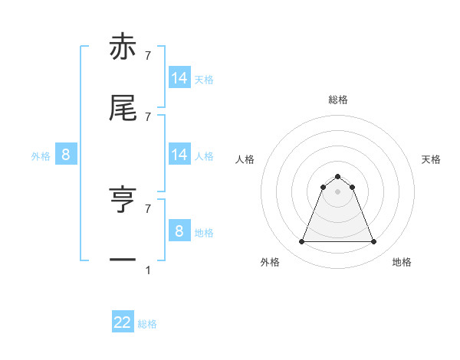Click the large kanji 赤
[123, 49]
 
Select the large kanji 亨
[123, 201]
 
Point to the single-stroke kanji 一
[123, 261]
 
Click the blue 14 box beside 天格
[179, 78]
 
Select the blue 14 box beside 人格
[179, 155]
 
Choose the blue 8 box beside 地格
[179, 231]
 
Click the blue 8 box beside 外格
[66, 155]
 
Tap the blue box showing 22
[123, 322]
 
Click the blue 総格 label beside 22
[147, 324]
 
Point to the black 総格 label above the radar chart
[338, 100]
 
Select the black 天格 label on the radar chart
[431, 160]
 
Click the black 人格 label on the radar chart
[245, 160]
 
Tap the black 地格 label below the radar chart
[402, 263]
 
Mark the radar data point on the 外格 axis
[301, 242]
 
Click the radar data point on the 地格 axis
[374, 242]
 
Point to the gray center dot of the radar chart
[338, 192]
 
